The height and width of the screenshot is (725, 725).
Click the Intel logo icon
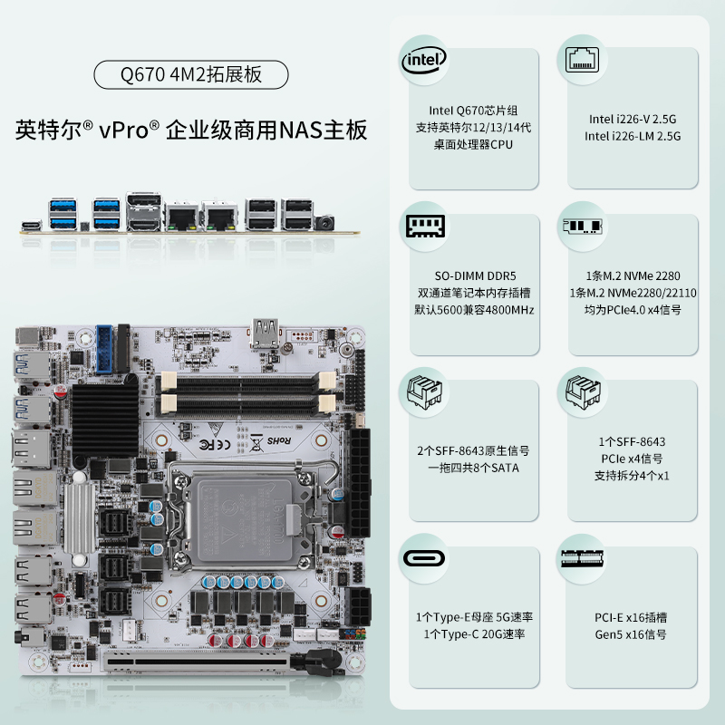tap(423, 61)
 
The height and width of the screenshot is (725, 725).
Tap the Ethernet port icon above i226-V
tap(582, 60)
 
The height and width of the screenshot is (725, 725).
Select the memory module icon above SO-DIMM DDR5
tap(425, 226)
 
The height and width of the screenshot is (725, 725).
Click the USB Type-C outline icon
tap(424, 558)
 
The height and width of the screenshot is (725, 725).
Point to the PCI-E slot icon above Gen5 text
tap(582, 558)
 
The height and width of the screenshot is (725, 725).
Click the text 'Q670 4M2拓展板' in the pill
tap(191, 74)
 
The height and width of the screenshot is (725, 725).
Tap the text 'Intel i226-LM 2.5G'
tap(632, 136)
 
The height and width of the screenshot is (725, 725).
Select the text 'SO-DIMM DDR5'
tap(475, 276)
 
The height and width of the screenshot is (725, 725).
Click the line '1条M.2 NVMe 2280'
tap(633, 276)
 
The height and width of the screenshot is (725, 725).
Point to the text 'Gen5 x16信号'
tap(631, 634)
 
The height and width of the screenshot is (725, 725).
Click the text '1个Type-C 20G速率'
tap(474, 633)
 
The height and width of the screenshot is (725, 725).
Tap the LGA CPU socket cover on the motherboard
tap(244, 519)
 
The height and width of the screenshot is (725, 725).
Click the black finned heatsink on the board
tap(105, 420)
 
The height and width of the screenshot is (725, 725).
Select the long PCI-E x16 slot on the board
tap(198, 662)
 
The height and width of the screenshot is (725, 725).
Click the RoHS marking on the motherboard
tap(279, 440)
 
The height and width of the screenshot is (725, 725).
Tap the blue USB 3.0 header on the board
tap(104, 349)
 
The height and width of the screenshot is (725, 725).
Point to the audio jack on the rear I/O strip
tap(325, 223)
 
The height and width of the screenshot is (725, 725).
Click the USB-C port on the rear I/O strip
tap(32, 226)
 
